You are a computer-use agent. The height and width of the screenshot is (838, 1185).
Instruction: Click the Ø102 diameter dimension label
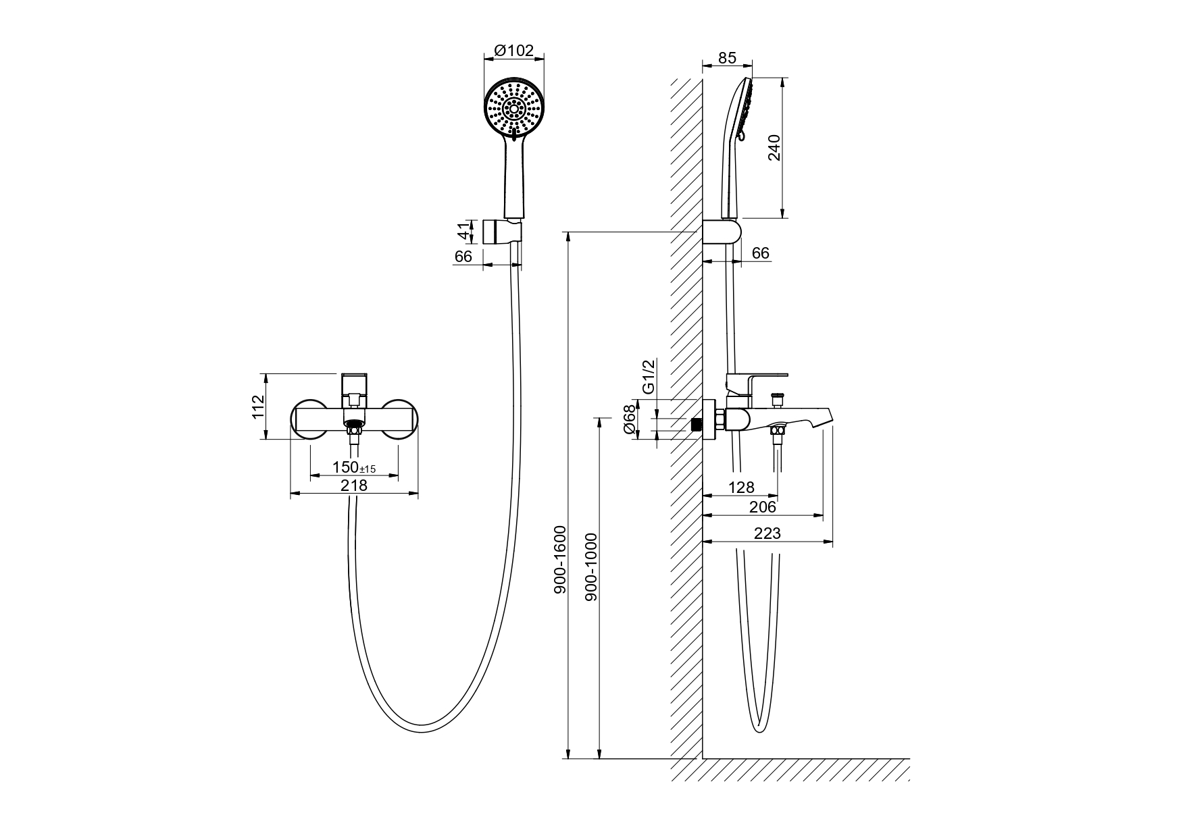pos(514,51)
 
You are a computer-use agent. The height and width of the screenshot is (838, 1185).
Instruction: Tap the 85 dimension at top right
pos(727,58)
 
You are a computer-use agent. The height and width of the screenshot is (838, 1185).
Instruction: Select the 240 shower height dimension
pos(774,148)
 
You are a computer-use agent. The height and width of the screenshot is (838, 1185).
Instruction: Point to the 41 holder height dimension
pos(463,231)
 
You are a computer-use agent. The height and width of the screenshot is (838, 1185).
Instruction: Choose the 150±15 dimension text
pos(354,467)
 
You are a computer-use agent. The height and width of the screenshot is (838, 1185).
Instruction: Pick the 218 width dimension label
pos(354,485)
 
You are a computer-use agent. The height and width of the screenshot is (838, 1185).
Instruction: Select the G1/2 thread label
pos(648,377)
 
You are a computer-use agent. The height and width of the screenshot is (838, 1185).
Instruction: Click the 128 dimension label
pos(742,487)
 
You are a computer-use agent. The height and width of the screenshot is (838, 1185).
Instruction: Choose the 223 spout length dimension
pos(767,533)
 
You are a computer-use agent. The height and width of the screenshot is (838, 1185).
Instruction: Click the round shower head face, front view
pos(514,109)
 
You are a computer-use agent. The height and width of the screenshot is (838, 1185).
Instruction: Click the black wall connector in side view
pos(697,425)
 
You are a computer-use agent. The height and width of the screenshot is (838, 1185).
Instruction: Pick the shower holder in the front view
pos(502,232)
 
